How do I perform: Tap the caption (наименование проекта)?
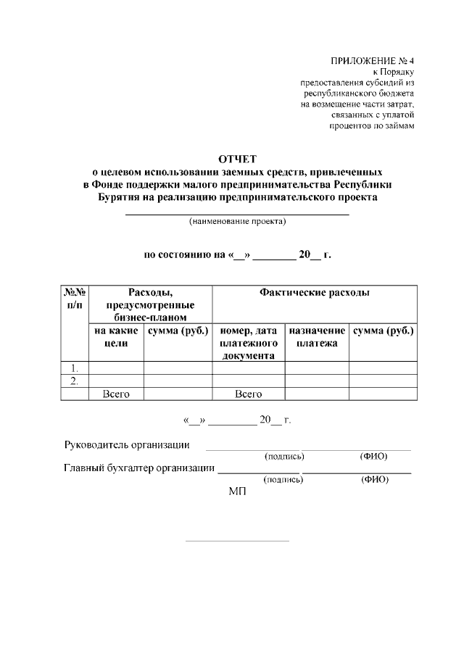click(238, 221)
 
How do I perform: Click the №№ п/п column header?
click(75, 299)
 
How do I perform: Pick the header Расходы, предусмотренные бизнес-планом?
click(150, 304)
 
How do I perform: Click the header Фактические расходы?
click(314, 293)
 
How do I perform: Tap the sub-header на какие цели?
click(116, 337)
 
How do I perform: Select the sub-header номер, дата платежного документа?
click(248, 343)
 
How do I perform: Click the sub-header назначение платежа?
click(317, 337)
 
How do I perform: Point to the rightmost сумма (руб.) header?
click(383, 331)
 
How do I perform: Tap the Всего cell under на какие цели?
click(116, 394)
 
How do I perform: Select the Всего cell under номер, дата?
click(248, 394)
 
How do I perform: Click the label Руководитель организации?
click(128, 444)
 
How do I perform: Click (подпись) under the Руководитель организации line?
click(285, 457)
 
